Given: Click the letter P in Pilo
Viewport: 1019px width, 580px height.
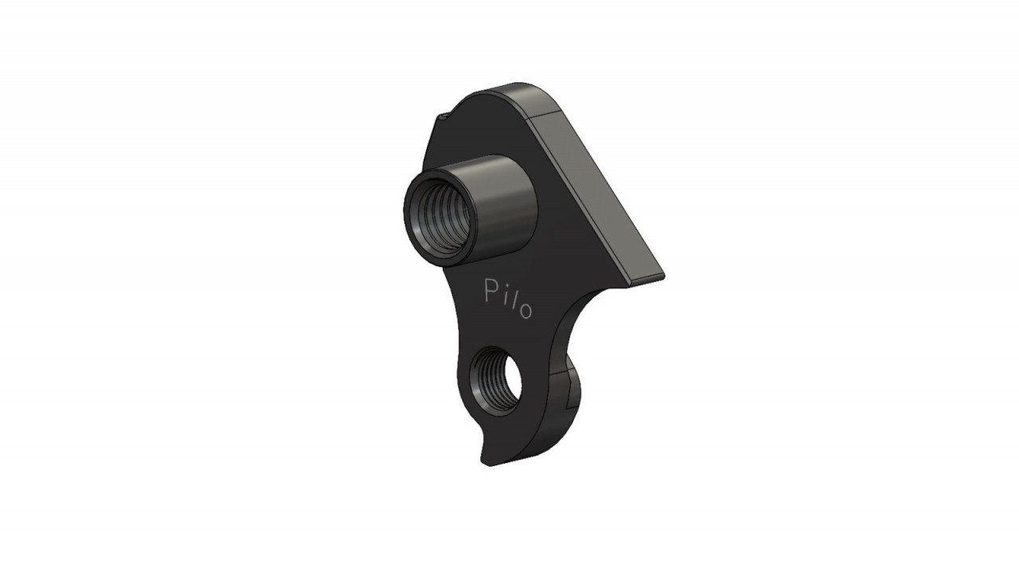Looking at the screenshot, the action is (x=491, y=291).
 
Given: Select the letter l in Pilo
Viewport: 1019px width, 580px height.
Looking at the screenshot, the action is (x=512, y=301).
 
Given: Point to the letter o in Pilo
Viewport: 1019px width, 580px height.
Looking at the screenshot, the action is (x=525, y=311).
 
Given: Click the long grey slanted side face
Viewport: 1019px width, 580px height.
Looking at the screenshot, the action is (x=596, y=196).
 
